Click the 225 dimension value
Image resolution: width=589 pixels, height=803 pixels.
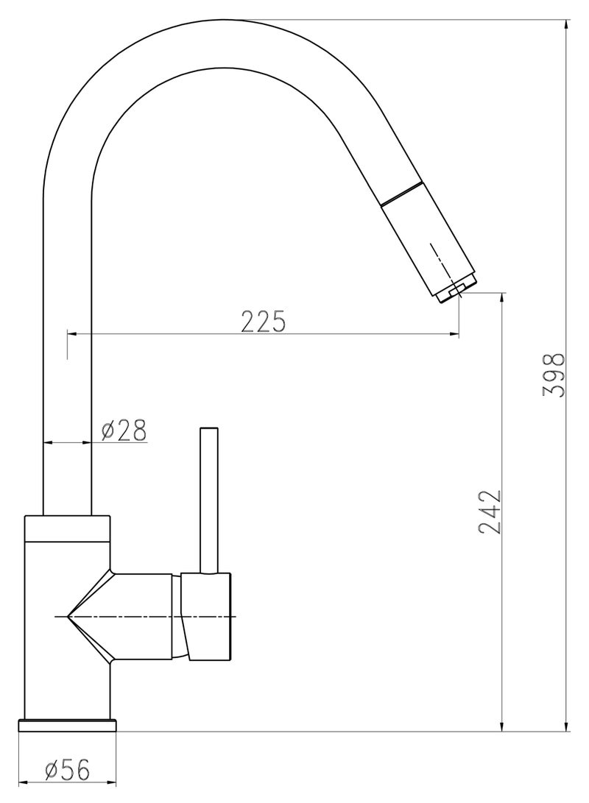click(263, 321)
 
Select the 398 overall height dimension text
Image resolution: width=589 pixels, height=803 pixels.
click(554, 375)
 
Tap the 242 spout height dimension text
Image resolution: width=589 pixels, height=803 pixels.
click(490, 511)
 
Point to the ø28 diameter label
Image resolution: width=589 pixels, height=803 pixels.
click(123, 430)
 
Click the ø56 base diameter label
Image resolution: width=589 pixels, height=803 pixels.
click(67, 771)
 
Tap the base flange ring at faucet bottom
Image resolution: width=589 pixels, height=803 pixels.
click(67, 725)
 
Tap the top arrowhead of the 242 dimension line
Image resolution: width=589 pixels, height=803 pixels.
click(502, 298)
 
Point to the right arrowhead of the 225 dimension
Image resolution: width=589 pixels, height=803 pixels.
click(454, 335)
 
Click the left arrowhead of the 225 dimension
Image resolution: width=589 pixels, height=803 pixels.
click(73, 335)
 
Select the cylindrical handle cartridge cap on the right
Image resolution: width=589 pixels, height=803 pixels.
click(210, 615)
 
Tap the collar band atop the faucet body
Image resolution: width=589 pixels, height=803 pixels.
click(67, 528)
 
